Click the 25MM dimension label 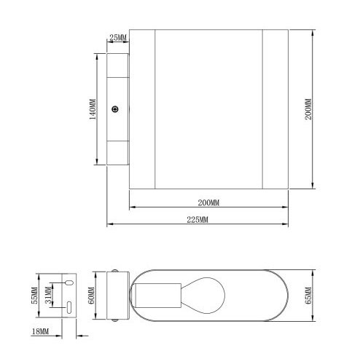[x=117, y=37]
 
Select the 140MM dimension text [x=93, y=109]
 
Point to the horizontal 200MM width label [x=208, y=200]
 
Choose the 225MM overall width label [x=197, y=218]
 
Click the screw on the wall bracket [x=115, y=109]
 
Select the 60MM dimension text [x=92, y=296]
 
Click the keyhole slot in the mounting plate [x=68, y=282]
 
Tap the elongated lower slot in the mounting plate [x=68, y=309]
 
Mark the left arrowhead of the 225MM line [x=110, y=224]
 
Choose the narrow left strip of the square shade [x=143, y=109]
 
